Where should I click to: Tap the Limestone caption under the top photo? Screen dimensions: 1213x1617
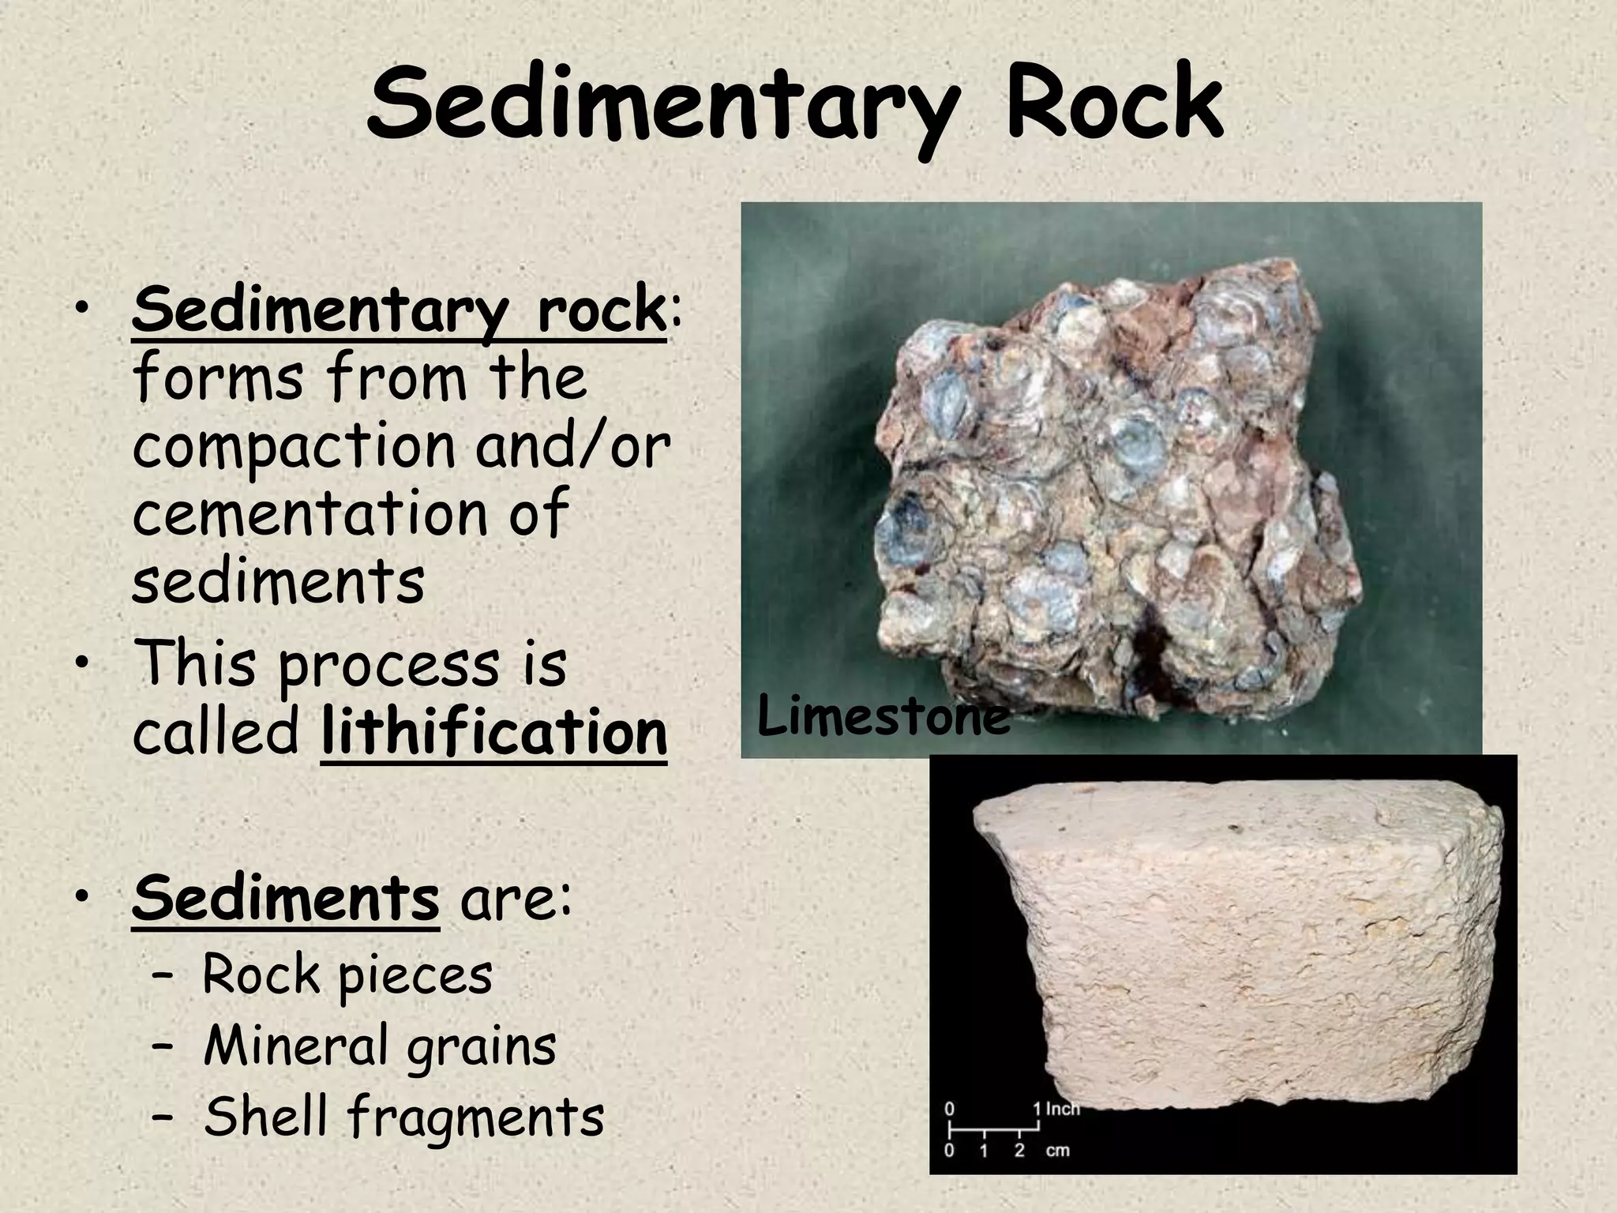point(883,718)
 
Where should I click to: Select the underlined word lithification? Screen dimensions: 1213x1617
point(494,733)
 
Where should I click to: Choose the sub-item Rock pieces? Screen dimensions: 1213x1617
point(347,975)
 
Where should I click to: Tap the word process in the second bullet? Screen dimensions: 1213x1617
point(389,665)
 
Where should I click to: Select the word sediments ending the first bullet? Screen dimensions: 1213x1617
point(278,581)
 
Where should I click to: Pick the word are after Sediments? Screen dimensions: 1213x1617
point(515,899)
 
